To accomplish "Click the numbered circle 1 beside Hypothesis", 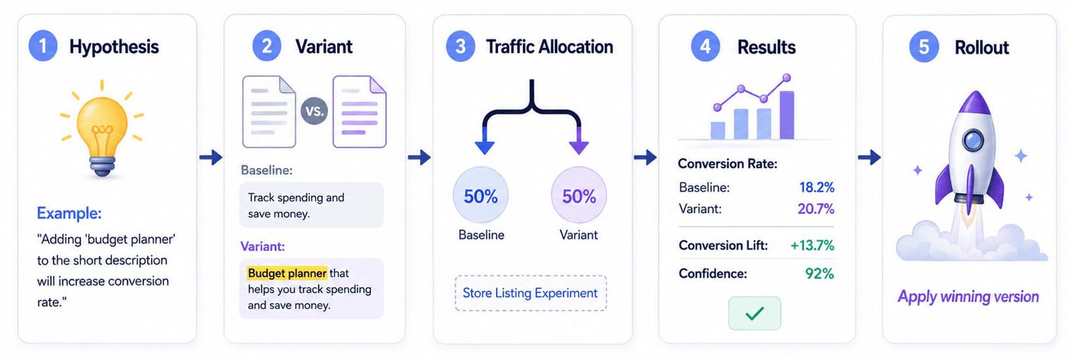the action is tap(43, 47).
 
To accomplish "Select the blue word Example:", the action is tap(69, 213).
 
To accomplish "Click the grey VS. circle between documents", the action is tap(314, 111).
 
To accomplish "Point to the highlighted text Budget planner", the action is tap(287, 273).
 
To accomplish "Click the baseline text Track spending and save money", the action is tap(296, 205).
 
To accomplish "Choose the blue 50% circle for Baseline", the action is tap(481, 195).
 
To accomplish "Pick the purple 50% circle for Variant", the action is tap(579, 195).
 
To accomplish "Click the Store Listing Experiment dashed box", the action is tap(530, 293).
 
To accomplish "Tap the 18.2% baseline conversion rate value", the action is tap(817, 187).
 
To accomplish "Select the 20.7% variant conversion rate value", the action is tap(815, 208).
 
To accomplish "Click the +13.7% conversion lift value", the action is tap(812, 245).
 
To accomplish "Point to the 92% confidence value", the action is tap(819, 273).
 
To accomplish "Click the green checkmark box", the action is tap(754, 313).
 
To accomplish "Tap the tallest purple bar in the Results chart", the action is tap(787, 115).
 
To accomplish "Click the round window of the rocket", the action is tap(973, 140).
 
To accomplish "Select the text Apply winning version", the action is tap(968, 297).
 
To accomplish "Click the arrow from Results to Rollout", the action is tap(869, 157).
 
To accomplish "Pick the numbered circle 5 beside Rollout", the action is tap(924, 47).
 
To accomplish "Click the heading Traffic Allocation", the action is tap(549, 47).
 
